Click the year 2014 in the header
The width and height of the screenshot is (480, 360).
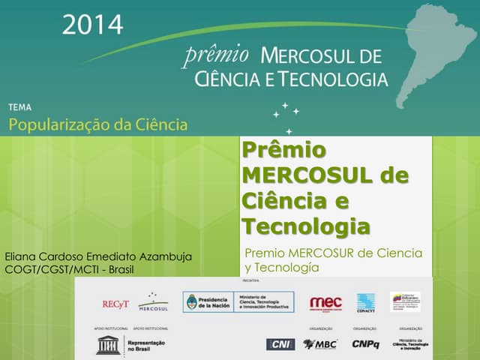(92, 24)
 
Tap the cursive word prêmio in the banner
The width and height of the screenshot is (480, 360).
(217, 54)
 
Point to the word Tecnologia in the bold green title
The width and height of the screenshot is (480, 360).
(306, 225)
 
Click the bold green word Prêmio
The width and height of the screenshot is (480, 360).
(284, 150)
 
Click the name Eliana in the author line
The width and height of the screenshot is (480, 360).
(23, 256)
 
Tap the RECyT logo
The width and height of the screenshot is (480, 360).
(116, 304)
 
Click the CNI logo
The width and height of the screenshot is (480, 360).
(280, 344)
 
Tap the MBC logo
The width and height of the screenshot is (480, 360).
(319, 344)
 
